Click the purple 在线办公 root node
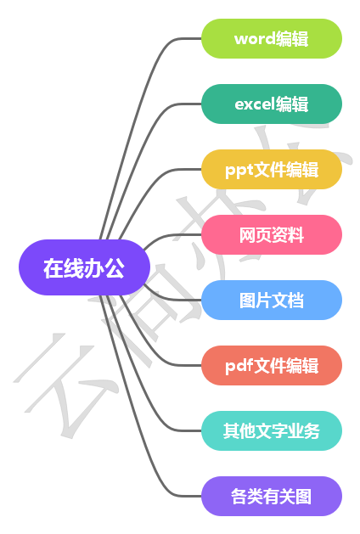click(x=84, y=269)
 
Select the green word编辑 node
click(x=271, y=38)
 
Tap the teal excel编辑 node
click(x=271, y=104)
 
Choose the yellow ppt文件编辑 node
click(x=271, y=169)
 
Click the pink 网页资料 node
click(x=271, y=234)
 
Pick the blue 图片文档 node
click(x=271, y=300)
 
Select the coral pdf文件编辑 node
click(x=271, y=365)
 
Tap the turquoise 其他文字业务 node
click(x=271, y=430)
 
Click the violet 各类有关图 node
click(x=271, y=496)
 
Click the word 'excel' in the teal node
click(x=255, y=104)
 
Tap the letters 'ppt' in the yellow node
click(x=239, y=170)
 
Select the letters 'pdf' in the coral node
click(x=239, y=366)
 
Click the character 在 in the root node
click(x=53, y=269)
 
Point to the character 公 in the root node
click(x=115, y=269)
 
